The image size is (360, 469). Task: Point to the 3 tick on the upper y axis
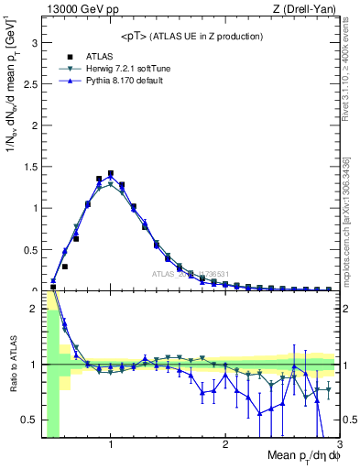tap(34, 42)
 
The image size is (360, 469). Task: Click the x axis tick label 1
tap(111, 445)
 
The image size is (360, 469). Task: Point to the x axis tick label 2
tap(225, 445)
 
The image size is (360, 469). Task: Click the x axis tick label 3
tap(338, 445)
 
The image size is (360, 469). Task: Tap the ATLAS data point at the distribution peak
tap(111, 173)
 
